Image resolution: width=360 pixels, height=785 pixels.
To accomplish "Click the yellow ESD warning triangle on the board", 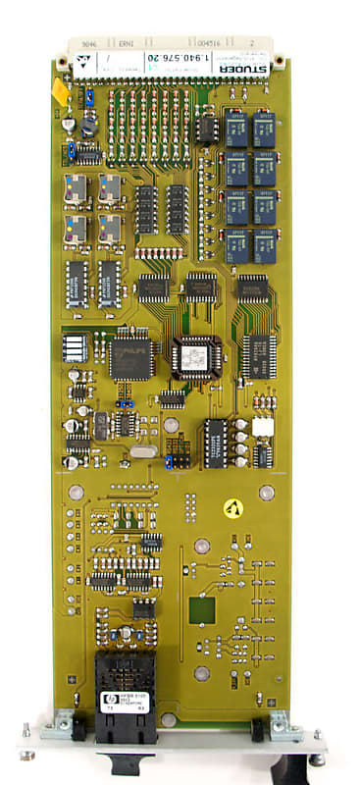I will coord(232,507).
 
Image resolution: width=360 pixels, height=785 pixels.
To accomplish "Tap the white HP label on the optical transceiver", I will coord(125,701).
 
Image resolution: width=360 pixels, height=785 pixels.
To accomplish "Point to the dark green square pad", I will coord(202,610).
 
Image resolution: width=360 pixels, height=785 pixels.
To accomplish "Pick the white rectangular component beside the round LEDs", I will coord(263,427).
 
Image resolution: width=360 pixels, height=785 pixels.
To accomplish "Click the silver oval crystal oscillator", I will coord(142,451).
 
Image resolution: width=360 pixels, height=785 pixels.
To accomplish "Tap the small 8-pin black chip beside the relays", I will coord(206,130).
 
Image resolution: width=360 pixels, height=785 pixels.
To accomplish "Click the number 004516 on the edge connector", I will coord(212,44).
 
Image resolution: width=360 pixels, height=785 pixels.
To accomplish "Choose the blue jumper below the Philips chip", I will coord(125,401).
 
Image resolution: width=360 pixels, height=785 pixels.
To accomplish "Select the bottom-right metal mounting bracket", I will coord(283,726).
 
